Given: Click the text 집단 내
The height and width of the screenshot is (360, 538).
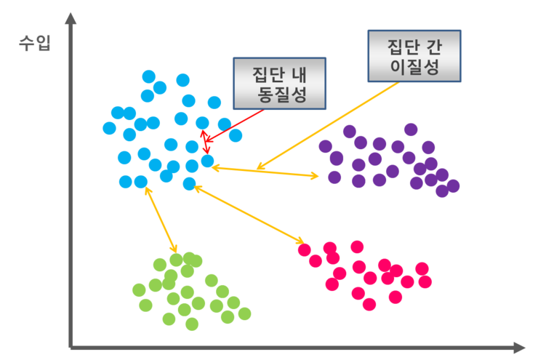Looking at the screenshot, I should coord(281,73).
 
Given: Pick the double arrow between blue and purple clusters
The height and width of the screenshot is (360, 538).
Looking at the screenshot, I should coord(265,172).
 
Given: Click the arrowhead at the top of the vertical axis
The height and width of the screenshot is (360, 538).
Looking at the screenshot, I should coord(71,17).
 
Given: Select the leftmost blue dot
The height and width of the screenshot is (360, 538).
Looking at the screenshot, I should coord(110,129).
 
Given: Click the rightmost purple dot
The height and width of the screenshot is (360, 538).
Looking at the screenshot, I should coord(453,186).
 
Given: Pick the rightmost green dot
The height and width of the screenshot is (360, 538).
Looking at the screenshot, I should coord(244,313).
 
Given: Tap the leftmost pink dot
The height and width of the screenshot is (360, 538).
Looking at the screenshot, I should coord(305,250).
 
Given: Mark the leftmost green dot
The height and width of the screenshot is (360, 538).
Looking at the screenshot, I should coord(139,290).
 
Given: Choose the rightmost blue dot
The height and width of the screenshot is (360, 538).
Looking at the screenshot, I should coord(236,135).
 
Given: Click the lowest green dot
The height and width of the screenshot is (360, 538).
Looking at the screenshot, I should coord(192,324).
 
